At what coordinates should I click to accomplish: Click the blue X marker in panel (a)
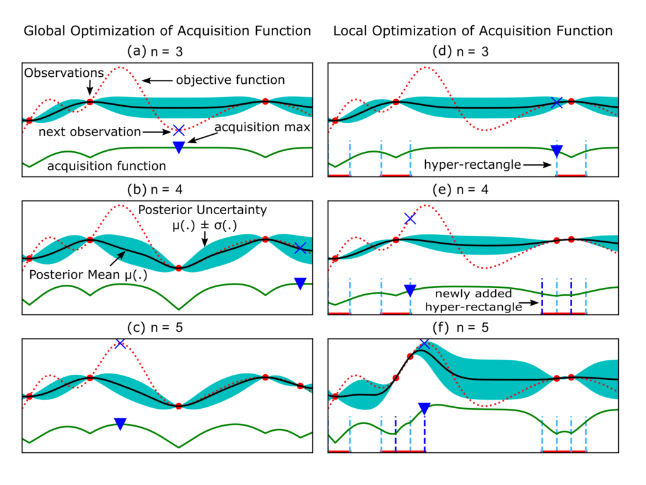(x=179, y=130)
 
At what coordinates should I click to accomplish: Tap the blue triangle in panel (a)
(x=179, y=147)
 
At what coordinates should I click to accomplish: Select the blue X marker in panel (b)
(x=300, y=248)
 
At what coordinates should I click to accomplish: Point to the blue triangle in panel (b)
(x=300, y=283)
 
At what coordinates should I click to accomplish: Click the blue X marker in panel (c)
(x=120, y=343)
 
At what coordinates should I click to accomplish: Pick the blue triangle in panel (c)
(x=120, y=424)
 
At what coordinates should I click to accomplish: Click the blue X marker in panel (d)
(x=556, y=103)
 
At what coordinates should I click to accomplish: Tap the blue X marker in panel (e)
(x=410, y=219)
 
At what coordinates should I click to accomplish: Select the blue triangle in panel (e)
(x=410, y=290)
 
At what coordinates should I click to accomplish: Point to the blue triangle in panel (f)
(x=425, y=408)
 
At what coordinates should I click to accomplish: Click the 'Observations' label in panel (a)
(x=64, y=73)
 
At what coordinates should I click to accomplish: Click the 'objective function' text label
(x=230, y=80)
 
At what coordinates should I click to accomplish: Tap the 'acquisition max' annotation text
(x=262, y=127)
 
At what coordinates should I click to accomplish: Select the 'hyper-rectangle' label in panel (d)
(x=473, y=164)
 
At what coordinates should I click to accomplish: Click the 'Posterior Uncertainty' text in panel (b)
(x=203, y=210)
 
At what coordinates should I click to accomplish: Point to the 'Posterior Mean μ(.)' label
(x=88, y=275)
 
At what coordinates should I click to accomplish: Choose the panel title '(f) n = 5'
(x=461, y=328)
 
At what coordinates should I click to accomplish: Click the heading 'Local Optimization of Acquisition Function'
(x=473, y=31)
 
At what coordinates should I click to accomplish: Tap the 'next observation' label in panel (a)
(x=90, y=132)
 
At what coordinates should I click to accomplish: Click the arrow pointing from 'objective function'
(x=157, y=81)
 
